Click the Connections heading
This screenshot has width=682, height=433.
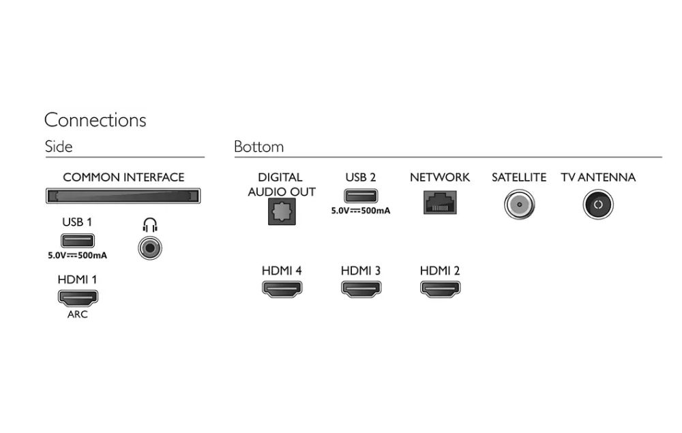[x=95, y=120]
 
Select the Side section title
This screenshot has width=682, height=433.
[x=59, y=147]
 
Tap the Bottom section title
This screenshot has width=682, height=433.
[x=258, y=147]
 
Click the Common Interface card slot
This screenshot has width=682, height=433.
[x=123, y=196]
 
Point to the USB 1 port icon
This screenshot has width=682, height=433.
[x=78, y=241]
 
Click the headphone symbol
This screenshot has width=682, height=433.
[x=150, y=225]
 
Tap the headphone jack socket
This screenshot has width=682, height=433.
[x=150, y=248]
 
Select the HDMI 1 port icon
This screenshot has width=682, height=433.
[x=78, y=298]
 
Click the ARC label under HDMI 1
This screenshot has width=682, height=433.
[x=78, y=314]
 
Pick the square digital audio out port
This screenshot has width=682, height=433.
[x=282, y=211]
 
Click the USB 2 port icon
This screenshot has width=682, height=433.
[x=361, y=196]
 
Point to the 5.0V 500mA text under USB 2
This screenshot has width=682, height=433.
[x=361, y=211]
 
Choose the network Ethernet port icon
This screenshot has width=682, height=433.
[x=440, y=203]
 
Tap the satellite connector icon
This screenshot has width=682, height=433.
[x=519, y=205]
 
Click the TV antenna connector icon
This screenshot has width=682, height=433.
[x=598, y=205]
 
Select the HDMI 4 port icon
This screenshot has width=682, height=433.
[x=282, y=289]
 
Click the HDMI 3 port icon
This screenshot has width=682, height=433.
[x=361, y=289]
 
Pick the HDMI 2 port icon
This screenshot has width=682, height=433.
[x=440, y=289]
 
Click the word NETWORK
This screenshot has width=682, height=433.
[x=440, y=177]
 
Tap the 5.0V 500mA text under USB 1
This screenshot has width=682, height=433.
[x=78, y=256]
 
